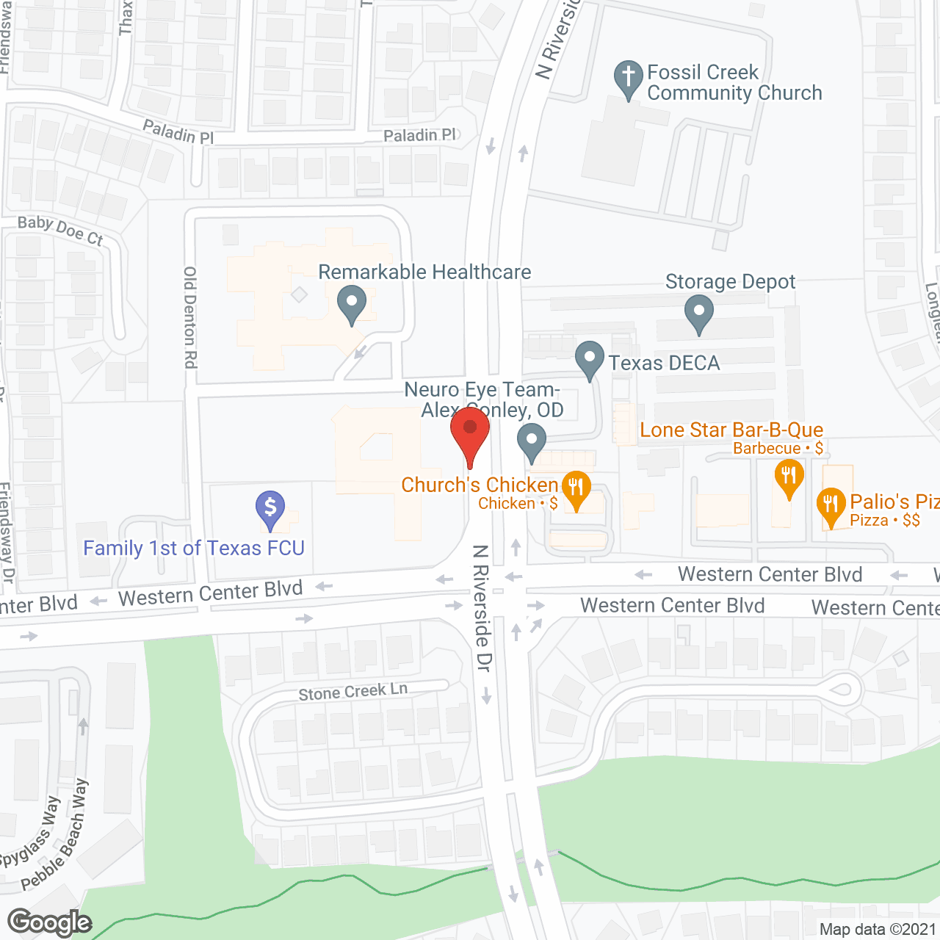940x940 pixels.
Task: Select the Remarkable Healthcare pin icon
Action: click(352, 303)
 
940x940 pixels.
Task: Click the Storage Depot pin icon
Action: click(698, 312)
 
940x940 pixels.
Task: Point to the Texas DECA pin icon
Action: click(590, 359)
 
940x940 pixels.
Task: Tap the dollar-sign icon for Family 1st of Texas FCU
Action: click(270, 507)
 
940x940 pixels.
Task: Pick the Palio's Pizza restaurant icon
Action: click(831, 506)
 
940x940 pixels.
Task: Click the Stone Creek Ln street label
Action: click(352, 692)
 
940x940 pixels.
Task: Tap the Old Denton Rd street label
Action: click(190, 317)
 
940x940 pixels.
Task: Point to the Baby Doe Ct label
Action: click(60, 231)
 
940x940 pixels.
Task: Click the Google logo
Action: click(49, 922)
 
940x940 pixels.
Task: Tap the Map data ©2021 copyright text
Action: click(878, 930)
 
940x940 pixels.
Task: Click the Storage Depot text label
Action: click(730, 282)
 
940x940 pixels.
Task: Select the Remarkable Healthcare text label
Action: click(424, 272)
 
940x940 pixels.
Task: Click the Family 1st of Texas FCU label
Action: click(194, 549)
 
